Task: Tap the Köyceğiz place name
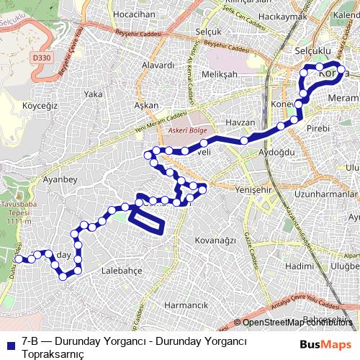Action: pyautogui.click(x=40, y=105)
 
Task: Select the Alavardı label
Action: pyautogui.click(x=158, y=65)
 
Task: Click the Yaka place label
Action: pyautogui.click(x=93, y=94)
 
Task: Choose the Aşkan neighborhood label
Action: pyautogui.click(x=146, y=105)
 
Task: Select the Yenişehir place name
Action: pyautogui.click(x=256, y=189)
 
